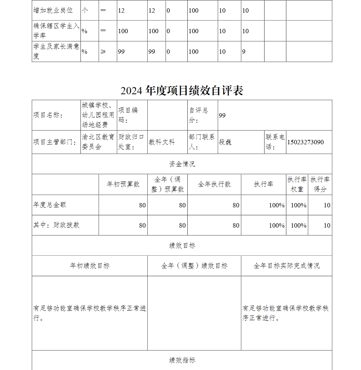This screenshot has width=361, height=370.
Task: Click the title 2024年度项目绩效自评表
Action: pos(182,91)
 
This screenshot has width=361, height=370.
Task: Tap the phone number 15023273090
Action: pos(305,142)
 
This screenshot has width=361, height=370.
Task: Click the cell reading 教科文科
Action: pos(162,142)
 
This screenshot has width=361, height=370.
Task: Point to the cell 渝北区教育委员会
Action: pos(98,142)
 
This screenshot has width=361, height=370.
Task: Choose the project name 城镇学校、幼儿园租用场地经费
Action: pos(98,115)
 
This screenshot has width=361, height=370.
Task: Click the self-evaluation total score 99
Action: pos(222,115)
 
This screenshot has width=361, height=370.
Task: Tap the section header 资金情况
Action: pos(182,164)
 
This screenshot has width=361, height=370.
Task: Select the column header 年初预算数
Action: pos(123,184)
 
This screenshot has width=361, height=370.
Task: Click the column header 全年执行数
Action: pos(214,184)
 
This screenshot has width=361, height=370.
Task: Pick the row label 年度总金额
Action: pos(50,205)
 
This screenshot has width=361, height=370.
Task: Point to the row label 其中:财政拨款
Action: pos(56,225)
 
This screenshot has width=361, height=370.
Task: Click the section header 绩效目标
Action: pos(182,246)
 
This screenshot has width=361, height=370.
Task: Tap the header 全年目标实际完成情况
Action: pos(286,266)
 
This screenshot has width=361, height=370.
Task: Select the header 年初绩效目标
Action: pos(90,266)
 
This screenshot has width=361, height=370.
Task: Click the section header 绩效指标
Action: pos(182,360)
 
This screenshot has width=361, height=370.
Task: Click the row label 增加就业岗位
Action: pos(53,10)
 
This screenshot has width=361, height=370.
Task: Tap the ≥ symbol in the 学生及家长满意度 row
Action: pos(103,52)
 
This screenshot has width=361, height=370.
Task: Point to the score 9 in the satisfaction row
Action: pos(244,52)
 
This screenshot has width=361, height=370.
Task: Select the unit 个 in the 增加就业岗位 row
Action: pos(85,10)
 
